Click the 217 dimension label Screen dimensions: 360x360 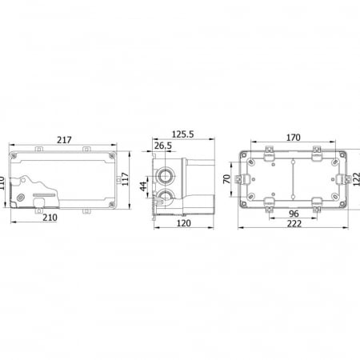pyautogui.click(x=64, y=140)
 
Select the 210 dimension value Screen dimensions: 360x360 pyautogui.click(x=50, y=218)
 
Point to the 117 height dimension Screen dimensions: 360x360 pyautogui.click(x=125, y=179)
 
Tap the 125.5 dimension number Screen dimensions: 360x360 pyautogui.click(x=182, y=134)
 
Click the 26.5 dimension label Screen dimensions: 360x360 pyautogui.click(x=163, y=146)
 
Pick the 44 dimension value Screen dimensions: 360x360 pyautogui.click(x=143, y=186)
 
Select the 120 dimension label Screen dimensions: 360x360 pyautogui.click(x=184, y=223)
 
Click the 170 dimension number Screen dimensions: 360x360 pyautogui.click(x=294, y=138)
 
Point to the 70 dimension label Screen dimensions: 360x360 pyautogui.click(x=226, y=178)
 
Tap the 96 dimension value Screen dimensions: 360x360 pyautogui.click(x=294, y=214)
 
